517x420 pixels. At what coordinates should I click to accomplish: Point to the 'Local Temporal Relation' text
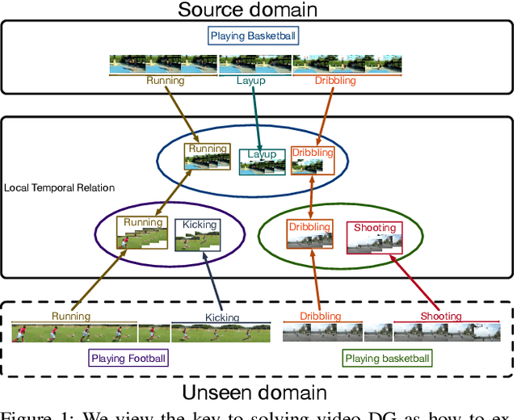click(59, 187)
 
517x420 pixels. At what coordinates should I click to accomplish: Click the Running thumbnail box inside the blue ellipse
click(207, 156)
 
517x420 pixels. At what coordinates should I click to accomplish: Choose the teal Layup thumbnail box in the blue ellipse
click(261, 162)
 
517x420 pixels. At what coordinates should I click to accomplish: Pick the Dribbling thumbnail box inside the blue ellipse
click(312, 159)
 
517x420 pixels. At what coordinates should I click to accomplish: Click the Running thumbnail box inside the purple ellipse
click(143, 233)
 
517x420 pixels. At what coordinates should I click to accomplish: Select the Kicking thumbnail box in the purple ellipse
click(199, 234)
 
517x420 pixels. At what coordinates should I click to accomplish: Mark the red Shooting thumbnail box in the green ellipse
click(374, 237)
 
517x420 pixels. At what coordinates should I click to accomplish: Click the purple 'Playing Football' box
click(128, 358)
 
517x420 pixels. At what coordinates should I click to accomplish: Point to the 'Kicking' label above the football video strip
click(222, 317)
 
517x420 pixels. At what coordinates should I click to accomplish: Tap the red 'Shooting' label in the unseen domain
click(441, 317)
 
